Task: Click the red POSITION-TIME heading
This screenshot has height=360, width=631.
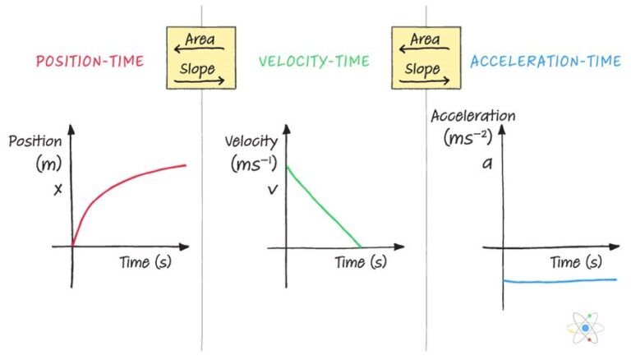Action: coord(91,62)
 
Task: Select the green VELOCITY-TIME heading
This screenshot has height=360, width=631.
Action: coord(314,62)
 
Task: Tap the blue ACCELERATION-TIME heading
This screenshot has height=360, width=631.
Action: coord(545,62)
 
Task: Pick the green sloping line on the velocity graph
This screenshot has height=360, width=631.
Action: coord(323,206)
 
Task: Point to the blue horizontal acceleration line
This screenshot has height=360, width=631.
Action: coord(559,281)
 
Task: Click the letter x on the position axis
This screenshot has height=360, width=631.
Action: coord(58,190)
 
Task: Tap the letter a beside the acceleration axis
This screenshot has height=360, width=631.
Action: coord(487,163)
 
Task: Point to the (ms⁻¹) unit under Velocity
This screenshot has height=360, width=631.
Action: coord(251,164)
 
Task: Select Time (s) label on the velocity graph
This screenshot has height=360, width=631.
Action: coord(360,262)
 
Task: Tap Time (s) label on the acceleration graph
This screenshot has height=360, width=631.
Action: coord(575,263)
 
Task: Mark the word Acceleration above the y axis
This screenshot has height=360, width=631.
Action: coord(473,116)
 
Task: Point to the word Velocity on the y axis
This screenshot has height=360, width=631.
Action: coord(251,141)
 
